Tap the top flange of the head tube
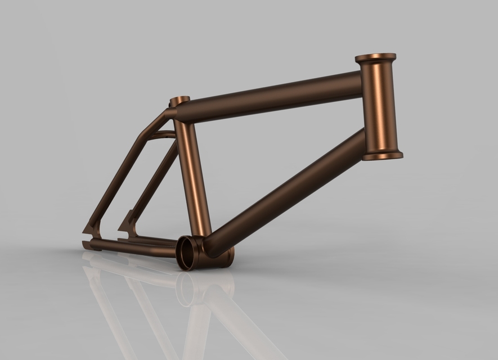click(375, 58)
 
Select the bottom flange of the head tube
click(383, 154)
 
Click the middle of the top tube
click(270, 96)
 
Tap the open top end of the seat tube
click(180, 100)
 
